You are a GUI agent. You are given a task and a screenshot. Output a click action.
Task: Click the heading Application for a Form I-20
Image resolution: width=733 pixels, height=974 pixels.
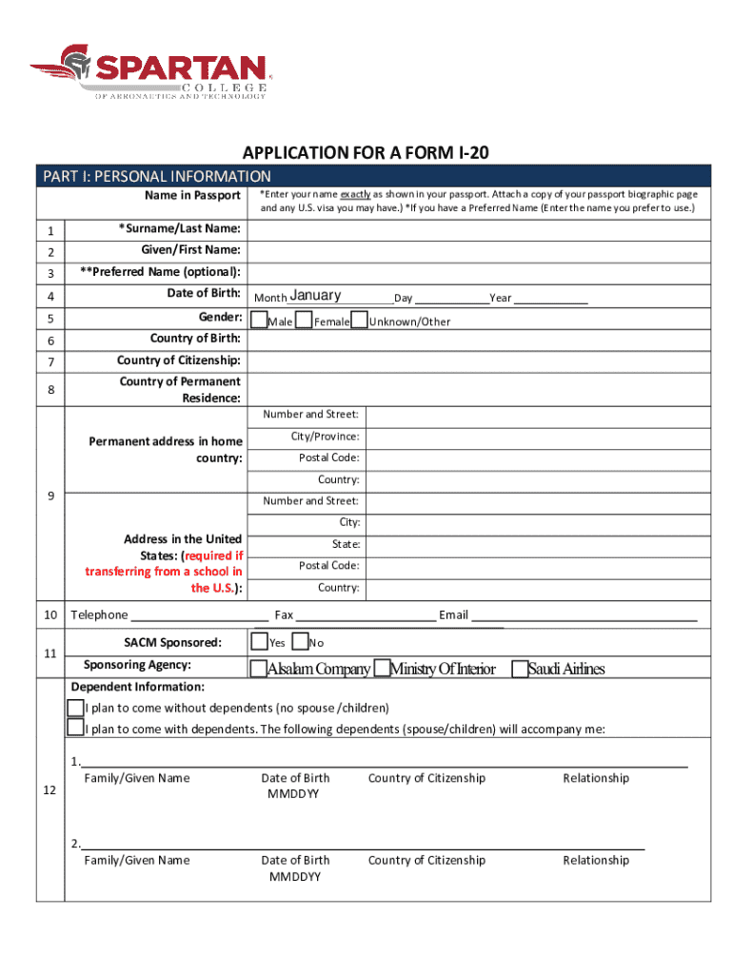coord(366,153)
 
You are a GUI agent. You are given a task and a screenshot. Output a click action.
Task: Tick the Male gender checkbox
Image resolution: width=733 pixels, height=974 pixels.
coord(260,321)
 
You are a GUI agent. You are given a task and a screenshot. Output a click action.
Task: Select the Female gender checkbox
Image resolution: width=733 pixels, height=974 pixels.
coord(305,321)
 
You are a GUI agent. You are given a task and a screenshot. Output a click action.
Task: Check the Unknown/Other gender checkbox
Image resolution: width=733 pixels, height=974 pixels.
coord(360,321)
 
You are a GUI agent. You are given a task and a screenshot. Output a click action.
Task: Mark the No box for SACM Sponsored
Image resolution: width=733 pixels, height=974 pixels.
coord(300,642)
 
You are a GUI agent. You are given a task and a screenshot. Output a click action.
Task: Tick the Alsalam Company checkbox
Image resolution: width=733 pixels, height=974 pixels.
coord(258,669)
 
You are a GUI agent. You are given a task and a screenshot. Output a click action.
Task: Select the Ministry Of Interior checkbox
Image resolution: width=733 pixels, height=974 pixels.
coord(383,669)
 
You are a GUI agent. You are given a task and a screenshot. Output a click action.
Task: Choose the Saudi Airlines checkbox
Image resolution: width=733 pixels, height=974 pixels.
coord(520,669)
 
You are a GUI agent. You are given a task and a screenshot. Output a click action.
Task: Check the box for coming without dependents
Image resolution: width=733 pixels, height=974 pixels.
coord(75,708)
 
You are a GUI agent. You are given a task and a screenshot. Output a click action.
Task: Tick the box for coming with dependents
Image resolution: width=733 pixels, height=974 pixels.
coord(75,728)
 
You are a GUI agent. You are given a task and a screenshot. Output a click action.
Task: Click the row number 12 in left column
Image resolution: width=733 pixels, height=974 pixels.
coord(50,790)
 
